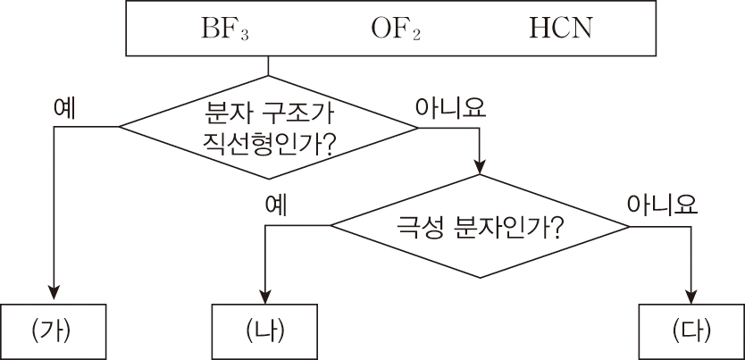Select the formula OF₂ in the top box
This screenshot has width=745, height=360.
[395, 29]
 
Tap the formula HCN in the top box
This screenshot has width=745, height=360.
[560, 29]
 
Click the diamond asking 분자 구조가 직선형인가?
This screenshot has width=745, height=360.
[269, 127]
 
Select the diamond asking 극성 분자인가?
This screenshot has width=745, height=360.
[480, 227]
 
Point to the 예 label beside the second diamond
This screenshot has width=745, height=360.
[275, 205]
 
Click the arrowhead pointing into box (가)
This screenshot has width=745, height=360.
[54, 295]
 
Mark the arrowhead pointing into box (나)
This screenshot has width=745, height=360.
[265, 295]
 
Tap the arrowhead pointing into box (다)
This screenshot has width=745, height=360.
[692, 295]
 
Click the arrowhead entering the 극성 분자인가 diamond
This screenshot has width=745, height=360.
[481, 167]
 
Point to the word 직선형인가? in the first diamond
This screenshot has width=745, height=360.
[268, 143]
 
